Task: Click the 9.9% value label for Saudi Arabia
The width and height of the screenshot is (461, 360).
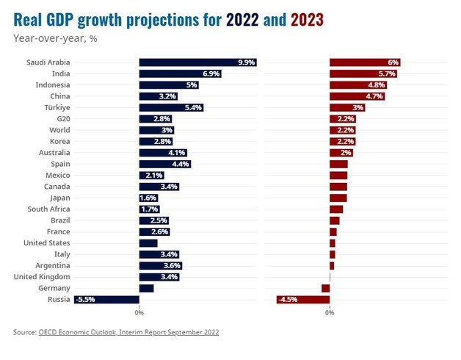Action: pos(246,62)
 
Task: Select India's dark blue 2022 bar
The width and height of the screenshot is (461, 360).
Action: pos(180,74)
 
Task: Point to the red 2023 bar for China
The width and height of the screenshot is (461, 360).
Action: pos(357,96)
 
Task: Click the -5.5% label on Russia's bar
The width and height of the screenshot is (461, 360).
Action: pos(84,300)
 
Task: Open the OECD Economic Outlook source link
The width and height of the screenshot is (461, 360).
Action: pos(128,333)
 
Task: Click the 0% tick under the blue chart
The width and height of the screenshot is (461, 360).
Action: pos(139,313)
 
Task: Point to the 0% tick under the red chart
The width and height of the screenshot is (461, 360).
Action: pos(330,313)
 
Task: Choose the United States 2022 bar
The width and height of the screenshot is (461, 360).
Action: pos(148,243)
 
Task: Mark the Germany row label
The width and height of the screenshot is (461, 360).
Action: pos(54,288)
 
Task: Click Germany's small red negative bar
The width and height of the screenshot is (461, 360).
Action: pos(325,288)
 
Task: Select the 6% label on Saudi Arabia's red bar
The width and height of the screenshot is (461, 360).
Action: pos(393,62)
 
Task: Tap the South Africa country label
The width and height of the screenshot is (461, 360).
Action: pos(49,209)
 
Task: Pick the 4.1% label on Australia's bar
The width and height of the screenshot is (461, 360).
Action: pos(177,153)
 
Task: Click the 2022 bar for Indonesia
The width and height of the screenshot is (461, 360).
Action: pos(169,85)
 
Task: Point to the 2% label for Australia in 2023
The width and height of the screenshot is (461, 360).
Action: pos(346,153)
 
